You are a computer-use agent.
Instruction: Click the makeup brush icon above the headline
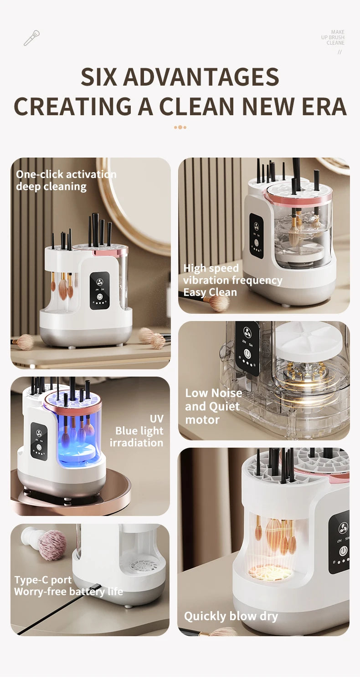point(31,38)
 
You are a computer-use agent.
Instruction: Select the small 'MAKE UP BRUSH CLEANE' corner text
point(333,37)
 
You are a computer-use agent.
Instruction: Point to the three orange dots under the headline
point(180,127)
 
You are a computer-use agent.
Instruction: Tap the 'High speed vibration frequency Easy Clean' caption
point(232,280)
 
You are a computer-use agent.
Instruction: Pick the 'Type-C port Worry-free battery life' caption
point(68,586)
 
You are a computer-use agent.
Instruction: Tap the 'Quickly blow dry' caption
point(231,616)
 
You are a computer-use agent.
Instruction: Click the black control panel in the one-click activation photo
point(99,291)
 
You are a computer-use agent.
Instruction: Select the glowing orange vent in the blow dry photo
point(270,572)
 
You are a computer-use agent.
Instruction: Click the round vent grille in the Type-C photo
point(141,567)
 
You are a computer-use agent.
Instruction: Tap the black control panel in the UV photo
point(39,440)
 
